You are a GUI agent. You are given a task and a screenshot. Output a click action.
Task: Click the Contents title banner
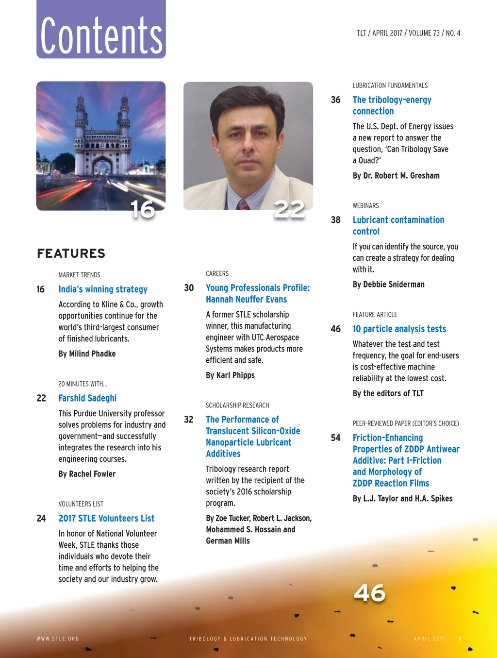click(101, 30)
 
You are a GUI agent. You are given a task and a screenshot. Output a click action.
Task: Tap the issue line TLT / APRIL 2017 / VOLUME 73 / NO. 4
click(408, 33)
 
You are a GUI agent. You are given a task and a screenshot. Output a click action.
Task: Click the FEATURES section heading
click(71, 253)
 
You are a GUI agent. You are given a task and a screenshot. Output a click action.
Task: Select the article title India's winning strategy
click(103, 289)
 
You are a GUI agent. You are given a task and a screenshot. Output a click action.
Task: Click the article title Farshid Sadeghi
click(87, 398)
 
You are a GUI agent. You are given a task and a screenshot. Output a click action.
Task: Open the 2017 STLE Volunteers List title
click(106, 519)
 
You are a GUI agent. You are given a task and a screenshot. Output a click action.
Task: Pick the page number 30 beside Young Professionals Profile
click(189, 288)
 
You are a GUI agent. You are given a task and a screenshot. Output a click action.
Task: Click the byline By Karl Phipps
click(230, 375)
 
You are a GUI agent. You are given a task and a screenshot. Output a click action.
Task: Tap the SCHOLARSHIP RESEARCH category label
click(237, 405)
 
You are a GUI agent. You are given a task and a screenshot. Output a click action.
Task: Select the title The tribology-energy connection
click(392, 105)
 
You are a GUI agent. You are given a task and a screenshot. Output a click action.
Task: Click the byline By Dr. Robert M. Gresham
click(396, 176)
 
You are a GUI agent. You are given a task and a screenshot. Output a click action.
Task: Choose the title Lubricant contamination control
click(398, 226)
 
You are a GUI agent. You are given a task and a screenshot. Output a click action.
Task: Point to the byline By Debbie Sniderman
click(388, 285)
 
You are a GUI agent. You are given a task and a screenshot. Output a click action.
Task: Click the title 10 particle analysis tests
click(399, 329)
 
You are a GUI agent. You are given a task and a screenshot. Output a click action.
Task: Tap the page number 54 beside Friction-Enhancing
click(335, 438)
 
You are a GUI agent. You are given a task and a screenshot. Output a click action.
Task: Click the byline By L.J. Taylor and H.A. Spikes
click(402, 499)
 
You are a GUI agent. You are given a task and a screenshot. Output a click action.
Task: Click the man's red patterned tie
click(243, 204)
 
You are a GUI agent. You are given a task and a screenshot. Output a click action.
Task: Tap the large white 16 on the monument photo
click(143, 209)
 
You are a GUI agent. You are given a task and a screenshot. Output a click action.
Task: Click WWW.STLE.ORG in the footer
click(58, 639)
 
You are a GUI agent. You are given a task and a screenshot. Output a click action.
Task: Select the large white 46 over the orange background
click(369, 593)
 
